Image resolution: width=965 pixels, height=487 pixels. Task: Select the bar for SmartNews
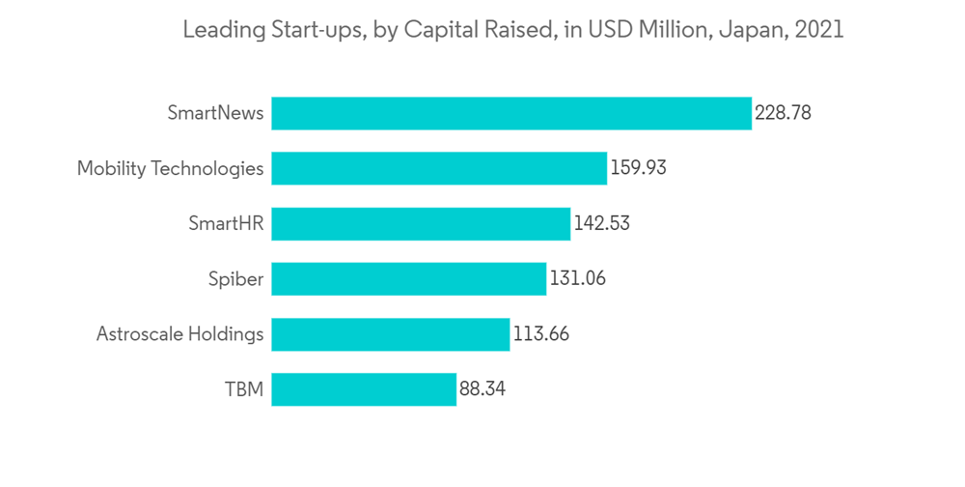tap(510, 113)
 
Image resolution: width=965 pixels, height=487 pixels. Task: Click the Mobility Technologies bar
tap(439, 168)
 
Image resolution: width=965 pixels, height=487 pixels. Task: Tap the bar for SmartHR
tap(421, 224)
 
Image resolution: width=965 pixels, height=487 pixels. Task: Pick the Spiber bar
tap(408, 279)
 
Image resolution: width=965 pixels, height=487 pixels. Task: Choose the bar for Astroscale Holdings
tap(390, 334)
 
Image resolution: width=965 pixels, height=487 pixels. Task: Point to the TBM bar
tap(364, 390)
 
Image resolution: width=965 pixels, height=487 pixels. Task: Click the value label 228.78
tap(783, 113)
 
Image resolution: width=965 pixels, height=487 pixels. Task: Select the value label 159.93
tap(638, 168)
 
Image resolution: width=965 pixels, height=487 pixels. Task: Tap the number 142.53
tap(601, 224)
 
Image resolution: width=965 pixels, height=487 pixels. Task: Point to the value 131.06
tap(578, 279)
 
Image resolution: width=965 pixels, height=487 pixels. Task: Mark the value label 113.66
tap(541, 334)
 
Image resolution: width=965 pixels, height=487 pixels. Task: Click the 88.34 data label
tap(482, 390)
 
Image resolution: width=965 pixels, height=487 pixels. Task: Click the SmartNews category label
tap(215, 113)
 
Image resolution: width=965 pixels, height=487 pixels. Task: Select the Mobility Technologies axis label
tap(170, 168)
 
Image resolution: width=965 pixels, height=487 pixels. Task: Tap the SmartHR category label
tap(226, 224)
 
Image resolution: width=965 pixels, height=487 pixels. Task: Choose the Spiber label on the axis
tap(235, 279)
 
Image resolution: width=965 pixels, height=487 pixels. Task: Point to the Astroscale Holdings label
tap(179, 334)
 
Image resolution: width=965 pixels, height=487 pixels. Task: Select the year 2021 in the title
tap(818, 30)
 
